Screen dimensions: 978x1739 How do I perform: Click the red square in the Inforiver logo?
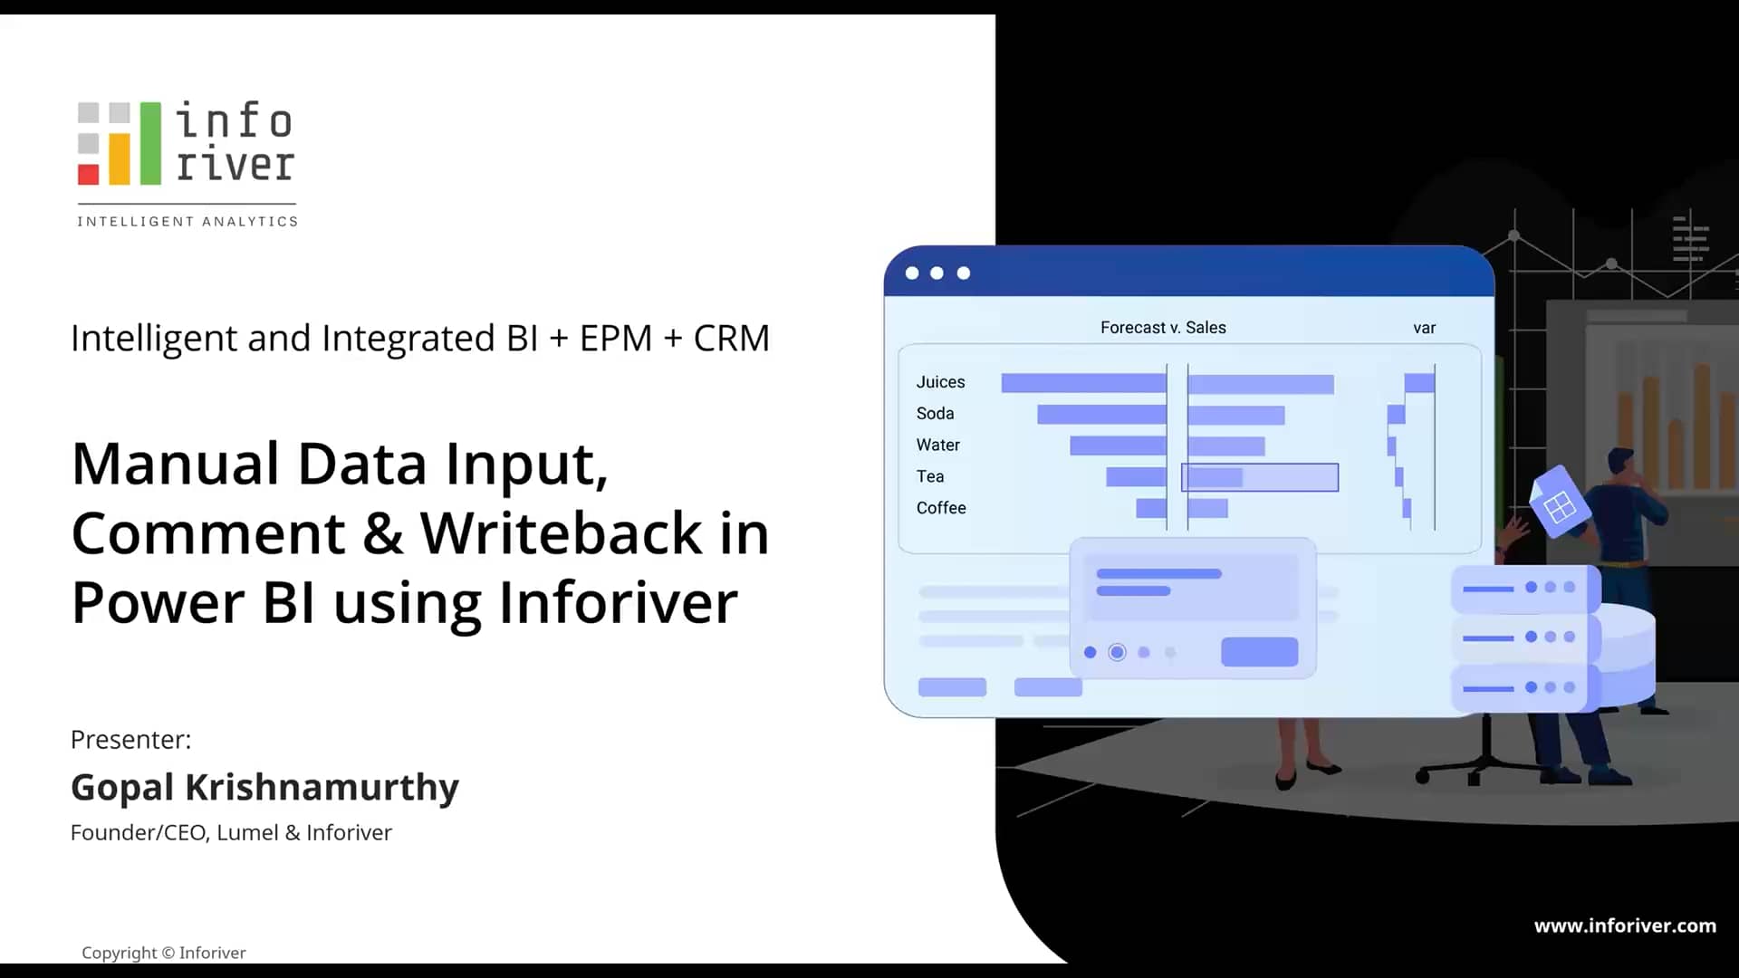coord(88,174)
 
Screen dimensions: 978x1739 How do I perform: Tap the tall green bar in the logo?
coord(150,143)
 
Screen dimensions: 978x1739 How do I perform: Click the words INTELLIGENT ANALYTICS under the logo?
coord(187,222)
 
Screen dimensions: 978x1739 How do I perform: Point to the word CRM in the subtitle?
coord(731,339)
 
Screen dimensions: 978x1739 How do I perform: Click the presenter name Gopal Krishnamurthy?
coord(264,787)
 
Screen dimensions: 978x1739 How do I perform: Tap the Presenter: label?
coord(131,740)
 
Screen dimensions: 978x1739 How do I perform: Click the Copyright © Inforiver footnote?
coord(164,953)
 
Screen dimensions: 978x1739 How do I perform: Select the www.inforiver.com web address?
coord(1625,925)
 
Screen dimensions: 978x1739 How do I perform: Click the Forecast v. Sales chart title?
coord(1163,328)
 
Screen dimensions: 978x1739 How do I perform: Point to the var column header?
coord(1424,328)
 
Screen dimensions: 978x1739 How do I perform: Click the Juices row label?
coord(940,382)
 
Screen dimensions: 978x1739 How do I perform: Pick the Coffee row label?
coord(941,508)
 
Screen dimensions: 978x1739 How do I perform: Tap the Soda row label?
coord(935,414)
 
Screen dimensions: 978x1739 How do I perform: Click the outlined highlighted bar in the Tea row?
coord(1260,477)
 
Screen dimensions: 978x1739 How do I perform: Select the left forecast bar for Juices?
coord(1083,383)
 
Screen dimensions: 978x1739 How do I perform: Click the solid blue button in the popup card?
coord(1259,652)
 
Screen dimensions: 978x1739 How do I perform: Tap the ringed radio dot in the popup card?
coord(1117,652)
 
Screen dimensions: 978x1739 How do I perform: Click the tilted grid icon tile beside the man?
coord(1559,505)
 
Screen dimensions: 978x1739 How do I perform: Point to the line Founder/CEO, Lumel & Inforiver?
coord(231,833)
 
